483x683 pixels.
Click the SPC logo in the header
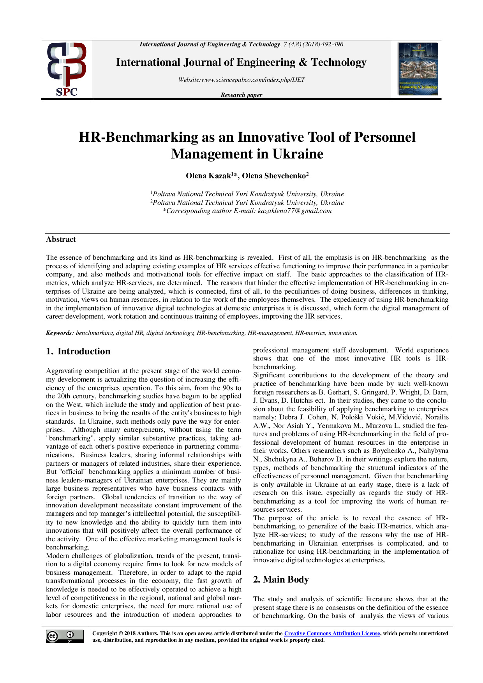click(67, 69)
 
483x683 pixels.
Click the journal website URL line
click(241, 80)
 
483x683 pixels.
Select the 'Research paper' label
click(241, 95)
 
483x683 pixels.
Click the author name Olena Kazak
click(208, 176)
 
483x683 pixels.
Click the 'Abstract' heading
click(61, 239)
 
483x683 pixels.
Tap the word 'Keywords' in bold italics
click(58, 333)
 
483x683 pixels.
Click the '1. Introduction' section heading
click(78, 351)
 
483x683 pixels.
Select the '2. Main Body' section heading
click(281, 579)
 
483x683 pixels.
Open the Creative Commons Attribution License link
click(332, 634)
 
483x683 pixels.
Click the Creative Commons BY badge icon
click(65, 636)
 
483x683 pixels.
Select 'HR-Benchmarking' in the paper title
click(138, 137)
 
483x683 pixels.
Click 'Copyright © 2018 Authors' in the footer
click(125, 634)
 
